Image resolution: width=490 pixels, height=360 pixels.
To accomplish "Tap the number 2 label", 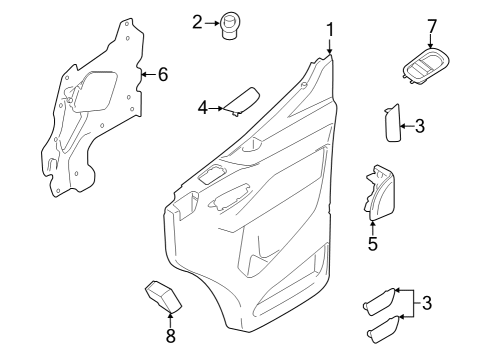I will click(197, 21).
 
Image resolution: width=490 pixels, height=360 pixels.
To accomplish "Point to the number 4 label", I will click(201, 106).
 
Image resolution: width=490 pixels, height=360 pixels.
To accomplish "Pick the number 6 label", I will click(163, 73).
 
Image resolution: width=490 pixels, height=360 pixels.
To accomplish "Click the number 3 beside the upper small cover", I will click(419, 125).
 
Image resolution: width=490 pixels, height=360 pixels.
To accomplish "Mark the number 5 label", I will click(372, 243).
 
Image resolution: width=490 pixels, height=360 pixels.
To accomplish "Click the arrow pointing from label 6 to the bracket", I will click(147, 73).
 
